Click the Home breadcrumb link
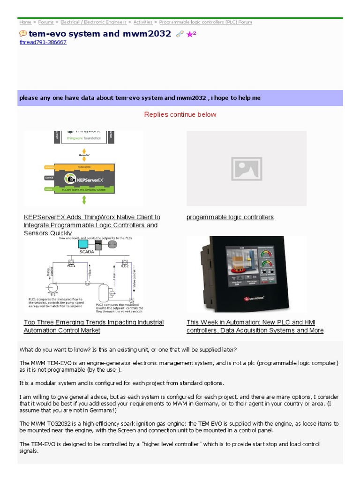[x=25, y=22]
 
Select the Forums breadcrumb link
[x=46, y=22]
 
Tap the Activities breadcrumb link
[x=143, y=22]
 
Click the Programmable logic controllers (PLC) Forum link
[x=205, y=22]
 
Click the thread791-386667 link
[x=43, y=42]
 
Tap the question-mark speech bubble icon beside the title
[x=23, y=34]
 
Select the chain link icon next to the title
[x=180, y=34]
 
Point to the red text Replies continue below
[x=180, y=114]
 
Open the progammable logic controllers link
[x=230, y=217]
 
